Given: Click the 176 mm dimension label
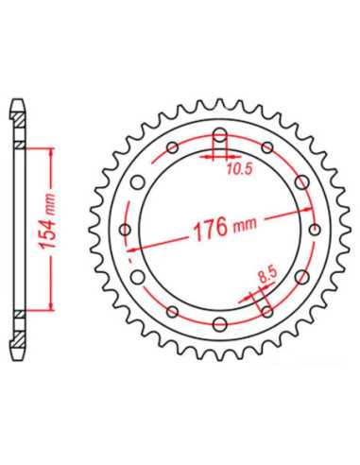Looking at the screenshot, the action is (225, 228).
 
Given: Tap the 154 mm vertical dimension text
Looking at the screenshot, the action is (47, 222).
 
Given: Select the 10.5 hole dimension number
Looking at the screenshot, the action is (239, 169).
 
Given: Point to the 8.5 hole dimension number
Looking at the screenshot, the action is (267, 275).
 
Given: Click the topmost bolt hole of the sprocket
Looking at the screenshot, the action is (220, 135).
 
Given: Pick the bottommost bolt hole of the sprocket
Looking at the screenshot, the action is (220, 324).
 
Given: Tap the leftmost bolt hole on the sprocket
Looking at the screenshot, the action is (126, 230).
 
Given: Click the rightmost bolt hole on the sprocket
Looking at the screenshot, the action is (315, 230).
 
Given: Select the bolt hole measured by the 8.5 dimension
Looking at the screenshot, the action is (267, 312).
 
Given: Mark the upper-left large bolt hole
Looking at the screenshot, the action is (138, 182).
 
